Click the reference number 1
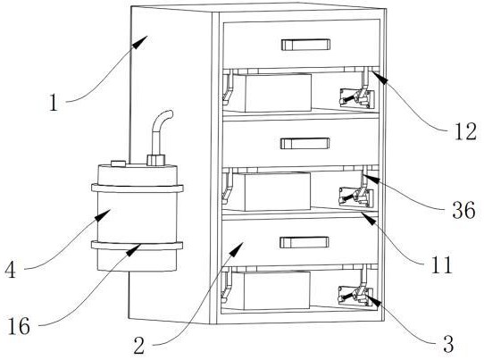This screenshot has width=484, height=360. (x=54, y=103)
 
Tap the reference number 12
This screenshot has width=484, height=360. (x=466, y=131)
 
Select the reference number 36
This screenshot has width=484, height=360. (x=463, y=210)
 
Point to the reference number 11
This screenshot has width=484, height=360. (x=441, y=264)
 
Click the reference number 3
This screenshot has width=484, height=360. (x=448, y=344)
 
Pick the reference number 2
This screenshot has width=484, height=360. (x=139, y=345)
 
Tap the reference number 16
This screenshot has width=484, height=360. (x=19, y=326)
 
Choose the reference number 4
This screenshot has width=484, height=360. (x=10, y=269)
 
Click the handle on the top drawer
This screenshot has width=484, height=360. (x=305, y=45)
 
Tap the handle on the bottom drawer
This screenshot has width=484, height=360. (x=305, y=242)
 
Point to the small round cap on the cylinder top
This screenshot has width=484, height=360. (x=118, y=163)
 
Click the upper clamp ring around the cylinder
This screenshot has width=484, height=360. (x=138, y=188)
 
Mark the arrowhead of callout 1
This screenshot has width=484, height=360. (x=140, y=42)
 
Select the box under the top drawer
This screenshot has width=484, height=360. (x=271, y=93)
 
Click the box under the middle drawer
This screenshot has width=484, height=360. (x=271, y=192)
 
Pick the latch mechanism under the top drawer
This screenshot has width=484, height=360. (x=357, y=98)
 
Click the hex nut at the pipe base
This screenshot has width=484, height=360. (x=156, y=160)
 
